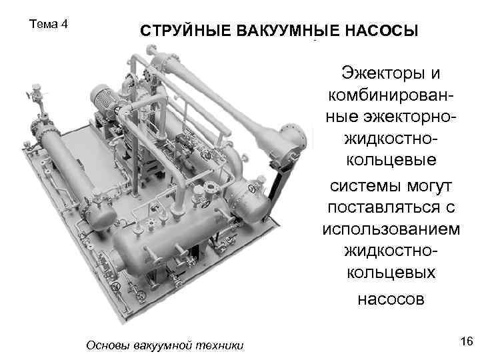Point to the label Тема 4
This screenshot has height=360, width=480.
click(49, 24)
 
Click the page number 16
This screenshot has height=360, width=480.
click(467, 341)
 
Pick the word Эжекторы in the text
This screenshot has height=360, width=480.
click(383, 73)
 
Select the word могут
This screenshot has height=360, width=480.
click(429, 187)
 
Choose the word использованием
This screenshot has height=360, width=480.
click(391, 229)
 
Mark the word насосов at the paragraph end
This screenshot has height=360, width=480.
click(391, 299)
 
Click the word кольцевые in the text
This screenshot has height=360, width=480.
click(391, 160)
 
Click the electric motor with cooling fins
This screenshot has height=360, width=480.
click(104, 97)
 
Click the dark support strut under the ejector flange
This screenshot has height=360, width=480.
click(279, 184)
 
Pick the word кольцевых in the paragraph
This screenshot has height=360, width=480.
click(391, 273)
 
